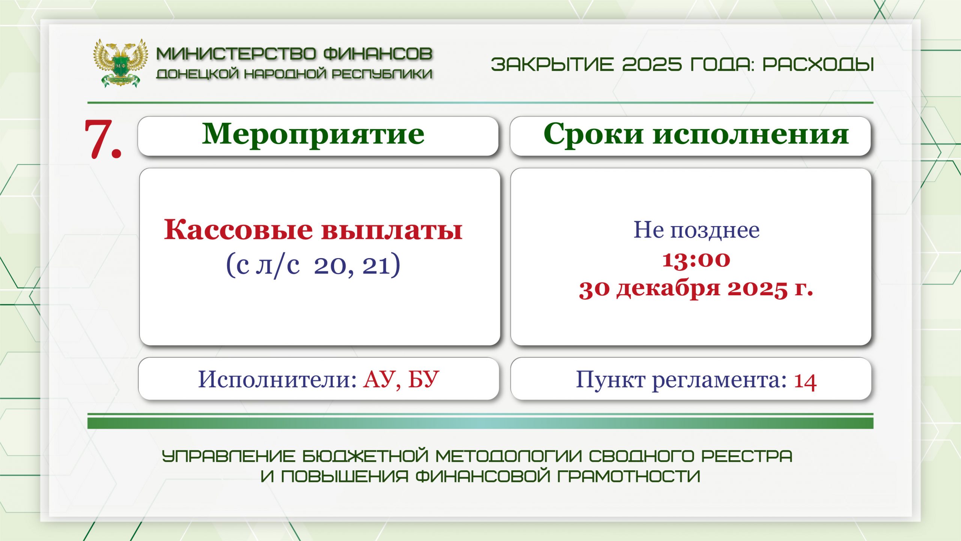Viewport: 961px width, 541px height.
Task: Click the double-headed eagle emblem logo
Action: pos(120,63)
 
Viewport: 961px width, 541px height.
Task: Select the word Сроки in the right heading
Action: pos(593,134)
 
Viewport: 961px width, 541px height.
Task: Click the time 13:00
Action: pos(696,260)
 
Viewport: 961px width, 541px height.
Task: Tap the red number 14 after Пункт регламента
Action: pos(805,381)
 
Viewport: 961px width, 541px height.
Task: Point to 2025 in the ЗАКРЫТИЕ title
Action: pos(652,64)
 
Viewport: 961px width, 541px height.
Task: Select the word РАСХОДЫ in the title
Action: pos(818,64)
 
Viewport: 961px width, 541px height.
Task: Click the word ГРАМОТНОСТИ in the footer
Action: pos(629,476)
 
